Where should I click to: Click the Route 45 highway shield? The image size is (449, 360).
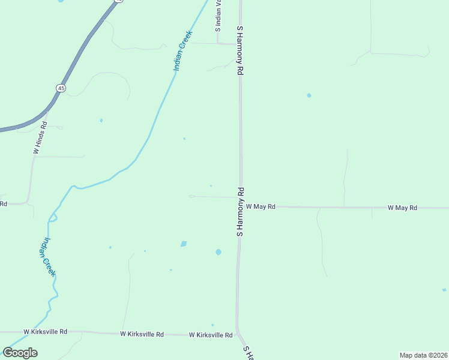(x=61, y=88)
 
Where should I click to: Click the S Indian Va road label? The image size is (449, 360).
(x=218, y=15)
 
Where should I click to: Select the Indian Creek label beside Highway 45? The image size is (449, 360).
(x=182, y=50)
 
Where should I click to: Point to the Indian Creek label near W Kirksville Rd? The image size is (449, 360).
(x=48, y=257)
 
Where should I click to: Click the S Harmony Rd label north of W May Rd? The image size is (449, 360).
(x=240, y=50)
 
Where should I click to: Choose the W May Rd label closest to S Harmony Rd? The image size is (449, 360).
(x=261, y=206)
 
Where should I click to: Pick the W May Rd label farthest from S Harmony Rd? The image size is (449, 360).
(x=402, y=208)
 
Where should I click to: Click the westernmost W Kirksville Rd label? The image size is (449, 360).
(x=45, y=331)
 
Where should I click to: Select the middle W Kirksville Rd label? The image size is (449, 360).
(x=142, y=334)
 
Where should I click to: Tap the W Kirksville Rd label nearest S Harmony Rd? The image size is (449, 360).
(x=211, y=335)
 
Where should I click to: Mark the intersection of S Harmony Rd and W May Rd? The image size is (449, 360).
(x=241, y=206)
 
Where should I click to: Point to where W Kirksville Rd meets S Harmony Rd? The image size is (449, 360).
(x=237, y=332)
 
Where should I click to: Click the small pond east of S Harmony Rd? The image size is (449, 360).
(x=309, y=95)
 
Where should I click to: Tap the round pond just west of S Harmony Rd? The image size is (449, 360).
(x=218, y=252)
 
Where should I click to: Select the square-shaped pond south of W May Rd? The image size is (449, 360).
(x=184, y=244)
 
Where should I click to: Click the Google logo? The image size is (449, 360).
(x=20, y=352)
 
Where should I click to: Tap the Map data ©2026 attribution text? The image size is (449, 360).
(x=423, y=355)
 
